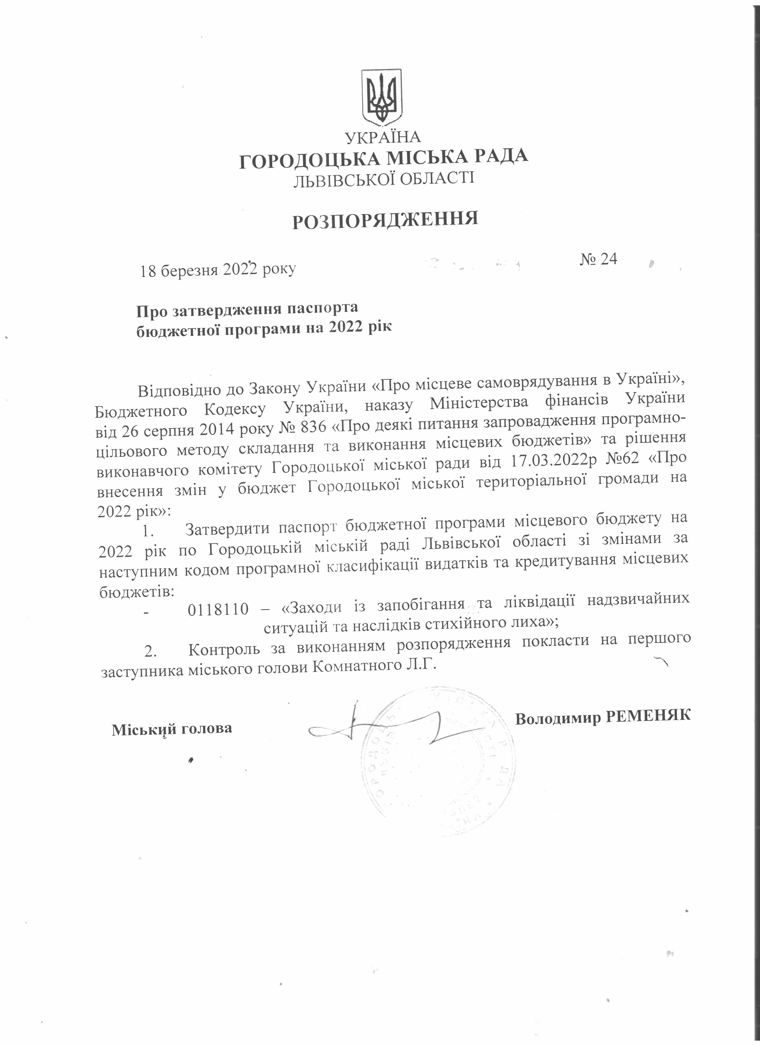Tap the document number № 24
598,259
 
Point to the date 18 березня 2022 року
218,269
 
